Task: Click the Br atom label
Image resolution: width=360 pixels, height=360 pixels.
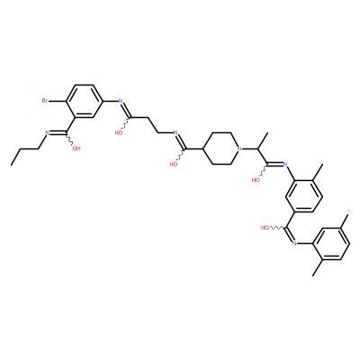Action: click(45, 101)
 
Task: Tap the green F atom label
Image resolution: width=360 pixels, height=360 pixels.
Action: click(348, 211)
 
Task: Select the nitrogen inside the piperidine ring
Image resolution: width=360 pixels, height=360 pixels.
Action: click(238, 148)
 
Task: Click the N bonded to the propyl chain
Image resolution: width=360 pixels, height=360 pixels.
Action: click(47, 132)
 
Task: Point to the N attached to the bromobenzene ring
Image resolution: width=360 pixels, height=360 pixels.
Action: click(121, 101)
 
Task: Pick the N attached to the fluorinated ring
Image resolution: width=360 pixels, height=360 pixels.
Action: click(294, 243)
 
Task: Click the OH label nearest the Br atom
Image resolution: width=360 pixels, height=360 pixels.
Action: click(76, 148)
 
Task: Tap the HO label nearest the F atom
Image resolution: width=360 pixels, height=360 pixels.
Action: click(265, 228)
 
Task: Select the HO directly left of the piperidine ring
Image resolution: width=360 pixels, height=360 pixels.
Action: click(174, 164)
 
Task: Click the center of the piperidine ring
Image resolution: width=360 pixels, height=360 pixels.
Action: click(221, 148)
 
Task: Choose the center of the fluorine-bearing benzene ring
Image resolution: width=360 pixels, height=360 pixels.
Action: click(330, 243)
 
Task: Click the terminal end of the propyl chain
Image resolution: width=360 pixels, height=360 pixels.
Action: click(11, 165)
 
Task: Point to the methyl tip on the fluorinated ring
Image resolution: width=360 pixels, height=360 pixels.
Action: click(312, 275)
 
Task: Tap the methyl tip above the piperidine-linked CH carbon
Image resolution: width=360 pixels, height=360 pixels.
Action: click(266, 132)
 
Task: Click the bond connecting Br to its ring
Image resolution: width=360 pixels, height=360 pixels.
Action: click(58, 101)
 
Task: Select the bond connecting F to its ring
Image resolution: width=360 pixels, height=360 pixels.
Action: click(345, 220)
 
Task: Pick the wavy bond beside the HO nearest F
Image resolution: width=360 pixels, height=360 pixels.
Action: click(276, 228)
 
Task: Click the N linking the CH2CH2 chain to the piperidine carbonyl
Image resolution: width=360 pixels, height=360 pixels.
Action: click(175, 132)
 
